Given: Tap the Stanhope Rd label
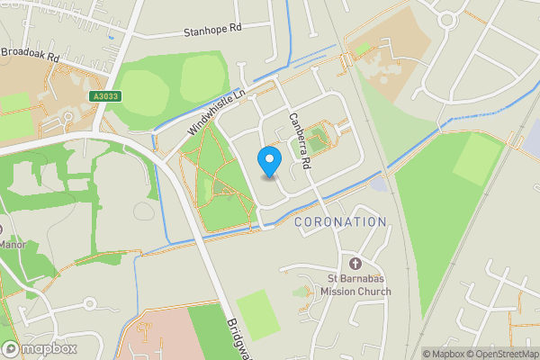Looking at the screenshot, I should click(x=213, y=29).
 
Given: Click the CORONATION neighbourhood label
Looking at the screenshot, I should click(x=339, y=221).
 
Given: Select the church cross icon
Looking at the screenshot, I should click(x=355, y=264).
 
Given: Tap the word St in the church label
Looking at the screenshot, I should click(x=331, y=278).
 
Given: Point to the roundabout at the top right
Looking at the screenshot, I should click(x=447, y=18).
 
